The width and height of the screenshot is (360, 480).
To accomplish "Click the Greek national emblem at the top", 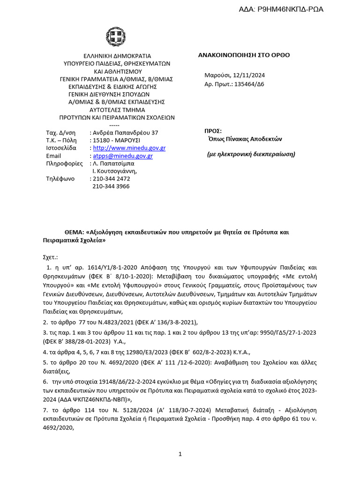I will (116, 37).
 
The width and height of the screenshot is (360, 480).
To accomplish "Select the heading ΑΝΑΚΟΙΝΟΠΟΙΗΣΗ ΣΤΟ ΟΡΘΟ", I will (244, 55).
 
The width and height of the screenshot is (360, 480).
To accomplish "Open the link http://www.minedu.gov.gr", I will (129, 148).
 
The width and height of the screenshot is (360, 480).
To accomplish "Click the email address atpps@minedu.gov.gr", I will (122, 156).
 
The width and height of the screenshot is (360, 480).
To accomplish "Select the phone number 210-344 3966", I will (111, 186).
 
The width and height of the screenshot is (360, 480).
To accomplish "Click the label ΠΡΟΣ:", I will (213, 131).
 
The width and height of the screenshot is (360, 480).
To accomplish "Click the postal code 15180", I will (101, 140).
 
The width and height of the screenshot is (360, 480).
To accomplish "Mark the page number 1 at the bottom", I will (180, 454).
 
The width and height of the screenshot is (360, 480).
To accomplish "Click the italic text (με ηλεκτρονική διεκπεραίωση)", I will (251, 154).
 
